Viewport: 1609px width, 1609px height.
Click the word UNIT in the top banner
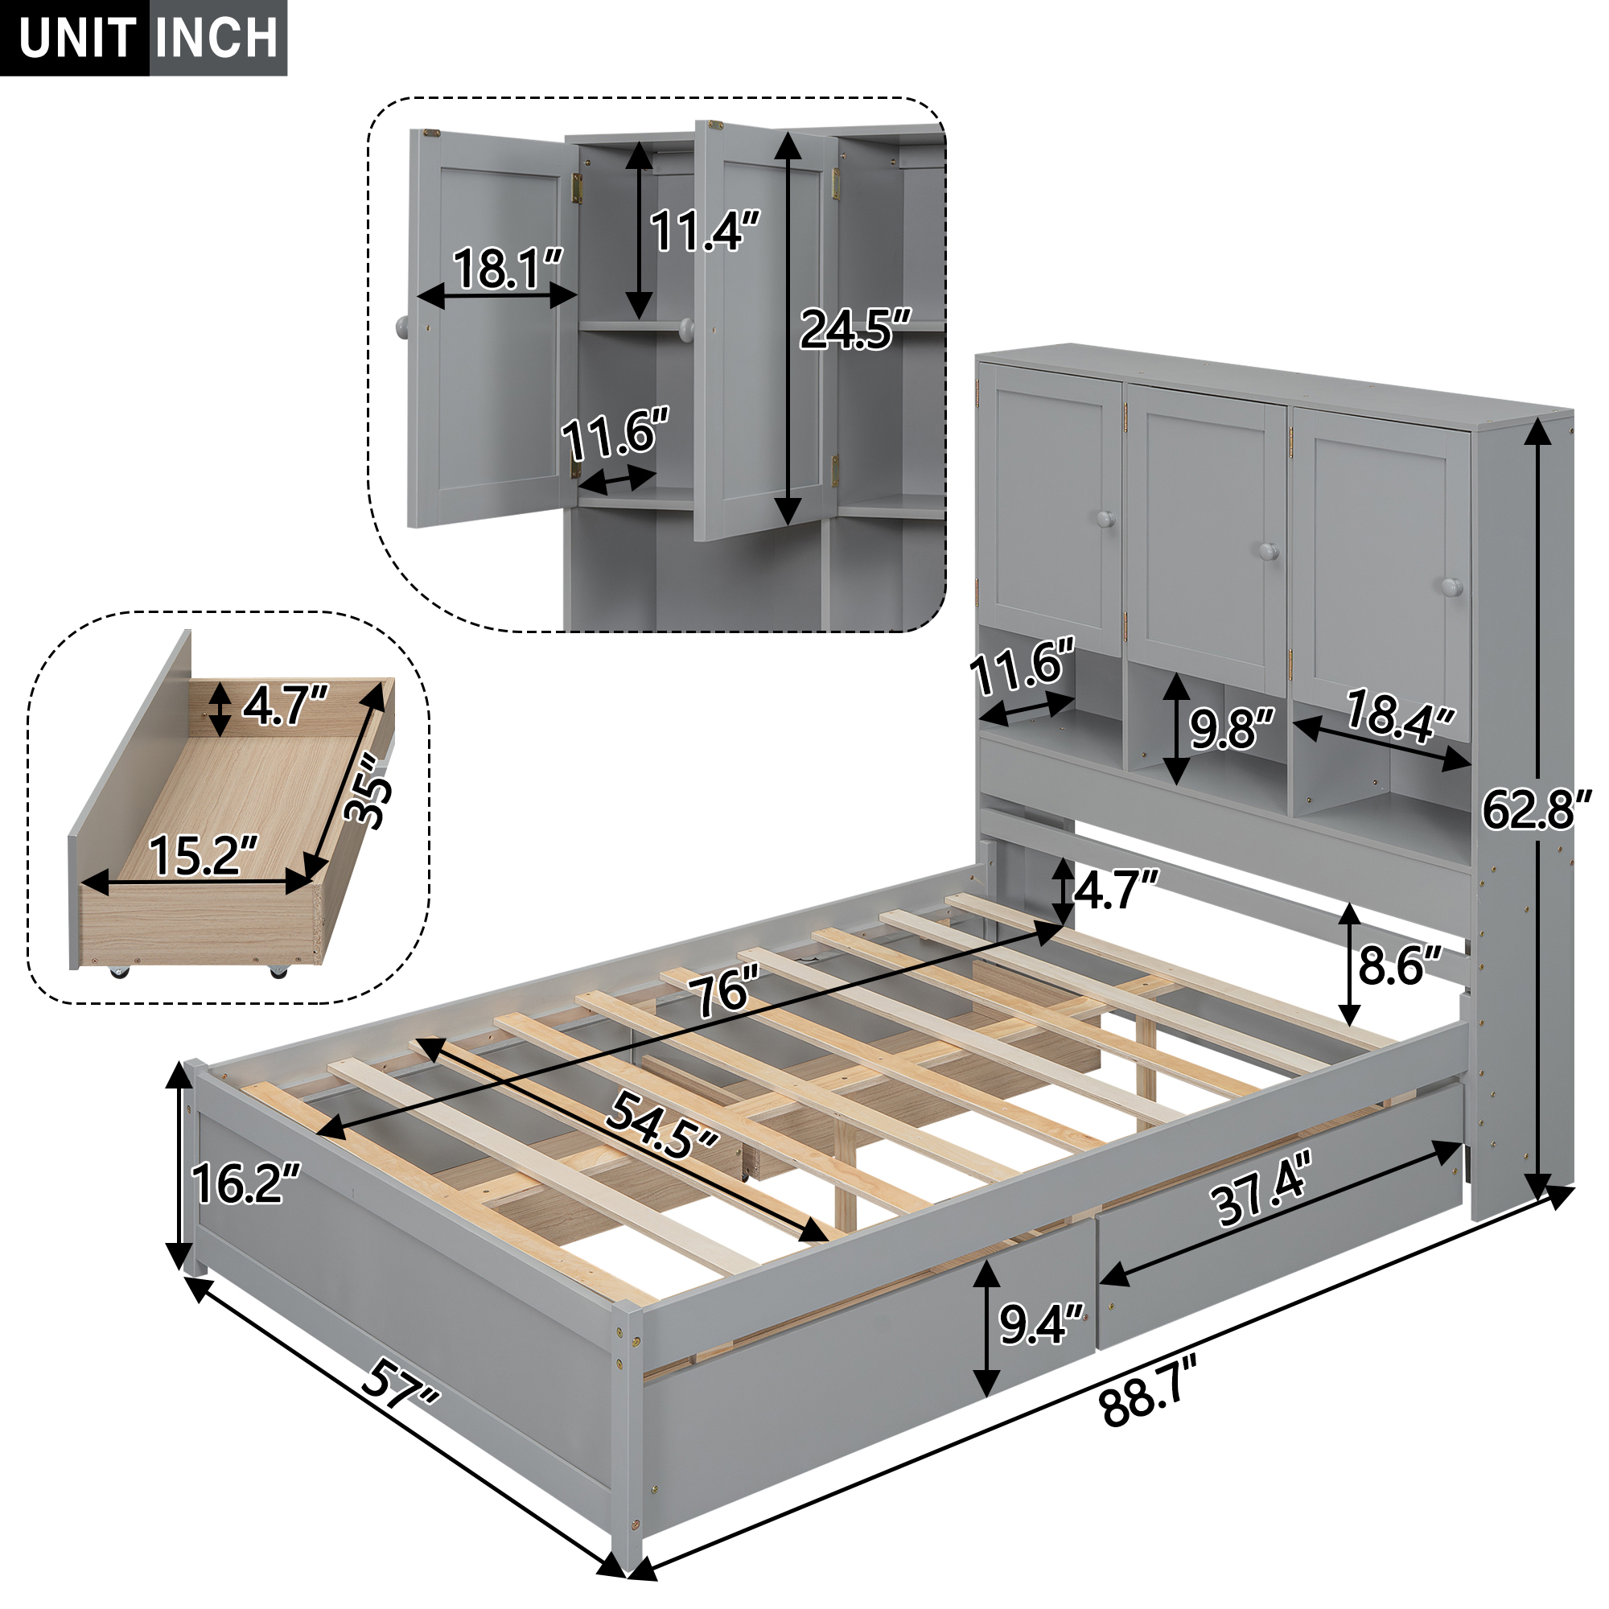pos(76,39)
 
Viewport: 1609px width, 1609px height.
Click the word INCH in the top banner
pos(216,39)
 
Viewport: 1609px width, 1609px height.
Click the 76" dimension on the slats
pos(723,991)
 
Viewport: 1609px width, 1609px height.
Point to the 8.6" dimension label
pos(1399,966)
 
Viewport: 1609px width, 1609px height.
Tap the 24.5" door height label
pos(854,329)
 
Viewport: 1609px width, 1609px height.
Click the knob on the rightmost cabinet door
pos(1451,587)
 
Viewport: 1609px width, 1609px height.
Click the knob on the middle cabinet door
pos(1269,551)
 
